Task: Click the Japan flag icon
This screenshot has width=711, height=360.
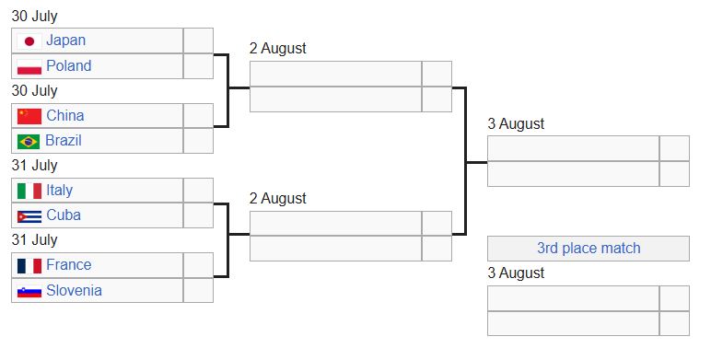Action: coord(29,41)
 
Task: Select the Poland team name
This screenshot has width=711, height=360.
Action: coord(69,65)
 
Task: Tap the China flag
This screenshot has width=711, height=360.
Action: coord(29,116)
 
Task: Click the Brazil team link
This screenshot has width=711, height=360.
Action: coord(64,141)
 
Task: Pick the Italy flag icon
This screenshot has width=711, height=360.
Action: coord(29,191)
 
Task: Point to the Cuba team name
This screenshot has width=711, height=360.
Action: coord(64,215)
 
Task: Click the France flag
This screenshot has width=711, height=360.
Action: coord(29,266)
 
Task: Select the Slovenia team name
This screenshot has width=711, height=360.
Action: coord(74,290)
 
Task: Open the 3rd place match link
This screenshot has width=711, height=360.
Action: coord(589,248)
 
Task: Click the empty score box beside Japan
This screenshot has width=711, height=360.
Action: coord(198,41)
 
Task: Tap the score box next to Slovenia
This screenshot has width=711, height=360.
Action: coord(198,290)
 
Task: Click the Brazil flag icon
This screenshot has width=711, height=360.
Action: coord(29,142)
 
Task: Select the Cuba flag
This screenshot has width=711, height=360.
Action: coord(29,216)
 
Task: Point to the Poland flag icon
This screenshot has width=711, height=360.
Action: coord(29,67)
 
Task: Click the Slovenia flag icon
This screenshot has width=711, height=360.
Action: coord(29,292)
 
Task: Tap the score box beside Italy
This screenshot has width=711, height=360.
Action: coord(198,191)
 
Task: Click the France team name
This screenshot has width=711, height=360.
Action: coord(69,265)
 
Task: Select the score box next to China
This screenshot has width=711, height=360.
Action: coord(198,116)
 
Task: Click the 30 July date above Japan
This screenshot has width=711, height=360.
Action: coord(34,17)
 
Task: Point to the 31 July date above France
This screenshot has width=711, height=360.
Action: coord(34,240)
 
